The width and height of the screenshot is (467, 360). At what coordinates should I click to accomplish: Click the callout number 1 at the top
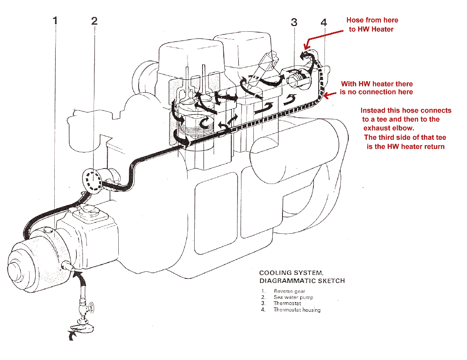[x=55, y=21]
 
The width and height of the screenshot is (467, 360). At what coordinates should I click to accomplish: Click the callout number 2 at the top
[x=94, y=21]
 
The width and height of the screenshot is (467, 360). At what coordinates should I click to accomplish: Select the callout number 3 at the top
[x=295, y=22]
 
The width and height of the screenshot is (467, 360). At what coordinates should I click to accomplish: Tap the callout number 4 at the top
[x=324, y=22]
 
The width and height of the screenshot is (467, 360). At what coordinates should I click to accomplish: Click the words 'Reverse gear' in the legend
[x=289, y=291]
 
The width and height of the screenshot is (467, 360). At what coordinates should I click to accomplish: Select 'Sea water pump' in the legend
[x=293, y=297]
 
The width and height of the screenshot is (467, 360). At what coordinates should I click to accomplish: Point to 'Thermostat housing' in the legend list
[x=297, y=310]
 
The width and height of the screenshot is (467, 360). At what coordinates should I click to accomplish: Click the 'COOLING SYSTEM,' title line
[x=288, y=273]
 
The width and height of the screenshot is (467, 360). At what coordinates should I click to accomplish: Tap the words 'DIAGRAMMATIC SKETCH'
[x=302, y=281]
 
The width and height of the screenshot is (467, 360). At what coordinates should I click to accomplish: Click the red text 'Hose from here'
[x=372, y=20]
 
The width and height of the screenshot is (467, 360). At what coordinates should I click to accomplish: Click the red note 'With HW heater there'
[x=377, y=84]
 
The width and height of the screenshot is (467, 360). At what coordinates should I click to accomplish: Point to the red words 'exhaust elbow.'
[x=389, y=128]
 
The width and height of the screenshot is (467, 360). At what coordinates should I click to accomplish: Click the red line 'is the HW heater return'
[x=405, y=146]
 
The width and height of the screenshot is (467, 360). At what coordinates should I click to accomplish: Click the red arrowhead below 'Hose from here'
[x=308, y=44]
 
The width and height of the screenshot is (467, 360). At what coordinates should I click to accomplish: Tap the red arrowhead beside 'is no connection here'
[x=327, y=94]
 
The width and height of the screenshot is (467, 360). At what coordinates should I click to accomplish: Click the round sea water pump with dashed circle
[x=93, y=180]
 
